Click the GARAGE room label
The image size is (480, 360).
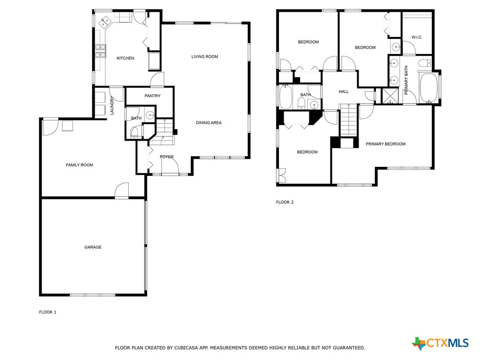pos(93,247)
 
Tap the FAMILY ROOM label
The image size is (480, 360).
pos(79,165)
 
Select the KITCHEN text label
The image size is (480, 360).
pos(125,58)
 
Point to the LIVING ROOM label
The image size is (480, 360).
pos(204,57)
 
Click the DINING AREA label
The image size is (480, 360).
pos(209,123)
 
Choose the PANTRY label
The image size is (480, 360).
pos(152,96)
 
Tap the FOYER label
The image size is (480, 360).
pos(166,157)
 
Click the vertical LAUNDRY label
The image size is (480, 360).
pos(112,105)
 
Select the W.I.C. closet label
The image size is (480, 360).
pos(417,37)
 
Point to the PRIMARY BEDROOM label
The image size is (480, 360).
pos(385,144)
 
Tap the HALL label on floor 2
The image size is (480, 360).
pos(344,91)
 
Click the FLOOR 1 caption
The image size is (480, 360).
pos(47,312)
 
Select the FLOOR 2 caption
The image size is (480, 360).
pos(285,202)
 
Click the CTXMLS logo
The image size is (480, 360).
pos(440,343)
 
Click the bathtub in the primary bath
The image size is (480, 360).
pos(428,88)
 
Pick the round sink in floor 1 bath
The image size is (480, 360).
pos(150,115)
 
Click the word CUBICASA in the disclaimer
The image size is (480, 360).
pos(187,348)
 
